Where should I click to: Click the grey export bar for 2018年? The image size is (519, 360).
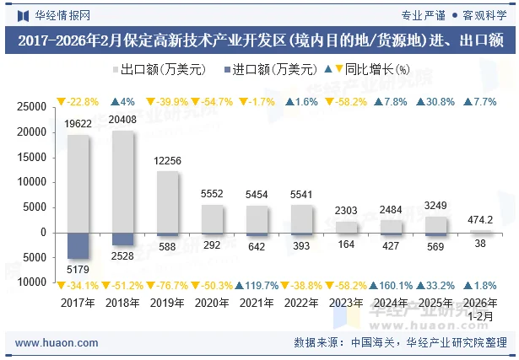(x=122, y=181)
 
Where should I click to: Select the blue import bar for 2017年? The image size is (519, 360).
(x=78, y=245)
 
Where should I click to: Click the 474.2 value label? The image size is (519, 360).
(x=480, y=219)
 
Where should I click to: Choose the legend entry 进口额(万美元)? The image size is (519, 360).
(x=268, y=70)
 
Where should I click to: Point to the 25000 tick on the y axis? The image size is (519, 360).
(x=31, y=107)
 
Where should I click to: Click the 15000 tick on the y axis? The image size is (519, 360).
(x=31, y=157)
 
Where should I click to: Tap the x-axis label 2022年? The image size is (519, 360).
(x=301, y=302)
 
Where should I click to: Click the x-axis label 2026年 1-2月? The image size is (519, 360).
(x=480, y=309)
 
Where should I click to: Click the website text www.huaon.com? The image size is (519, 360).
(x=57, y=343)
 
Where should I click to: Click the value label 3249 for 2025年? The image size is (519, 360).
(x=435, y=206)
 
